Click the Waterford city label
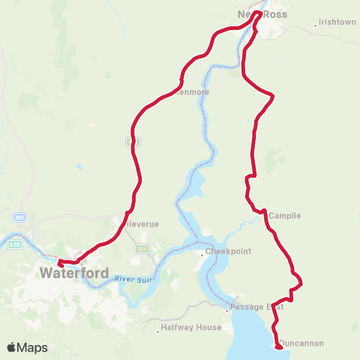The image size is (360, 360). pyautogui.click(x=76, y=273)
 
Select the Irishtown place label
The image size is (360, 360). pyautogui.click(x=337, y=22)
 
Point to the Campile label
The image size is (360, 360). pyautogui.click(x=284, y=215)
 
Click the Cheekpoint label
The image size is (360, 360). pyautogui.click(x=228, y=251)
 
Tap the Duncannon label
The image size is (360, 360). pyautogui.click(x=303, y=343)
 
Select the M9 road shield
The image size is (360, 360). pyautogui.click(x=19, y=218)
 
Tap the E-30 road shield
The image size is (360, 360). pyautogui.click(x=15, y=243)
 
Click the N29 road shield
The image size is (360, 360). pyautogui.click(x=142, y=247)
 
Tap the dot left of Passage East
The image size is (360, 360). pyautogui.click(x=227, y=307)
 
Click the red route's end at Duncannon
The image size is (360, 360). pyautogui.click(x=279, y=346)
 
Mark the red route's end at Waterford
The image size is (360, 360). pyautogui.click(x=60, y=263)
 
